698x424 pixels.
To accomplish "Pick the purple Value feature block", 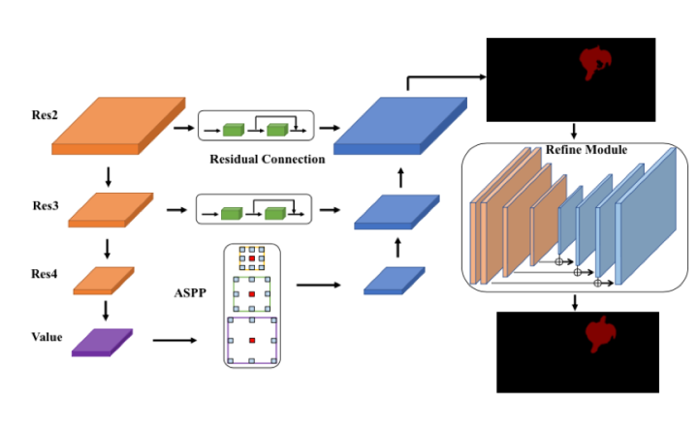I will pyautogui.click(x=102, y=342).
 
